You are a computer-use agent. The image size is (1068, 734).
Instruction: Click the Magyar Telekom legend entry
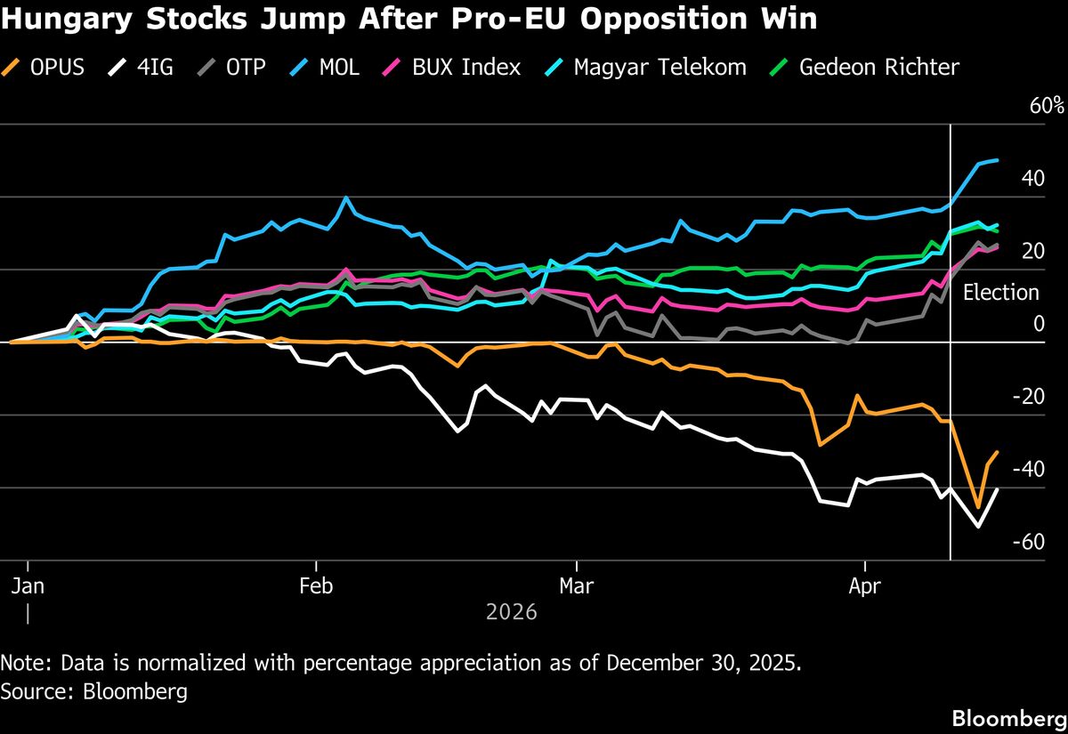click(646, 67)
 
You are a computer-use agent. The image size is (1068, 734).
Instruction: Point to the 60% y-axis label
click(1047, 106)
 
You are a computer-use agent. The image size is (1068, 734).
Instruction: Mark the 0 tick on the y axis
click(1038, 324)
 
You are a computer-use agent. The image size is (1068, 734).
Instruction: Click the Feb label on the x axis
click(316, 587)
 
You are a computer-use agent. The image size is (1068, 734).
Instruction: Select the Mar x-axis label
click(577, 587)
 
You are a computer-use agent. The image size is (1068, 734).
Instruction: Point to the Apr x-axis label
click(865, 587)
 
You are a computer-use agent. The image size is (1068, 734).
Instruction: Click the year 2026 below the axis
click(512, 613)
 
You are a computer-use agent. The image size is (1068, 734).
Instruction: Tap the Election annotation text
click(1001, 293)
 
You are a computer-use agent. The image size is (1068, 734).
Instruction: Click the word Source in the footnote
click(30, 691)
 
